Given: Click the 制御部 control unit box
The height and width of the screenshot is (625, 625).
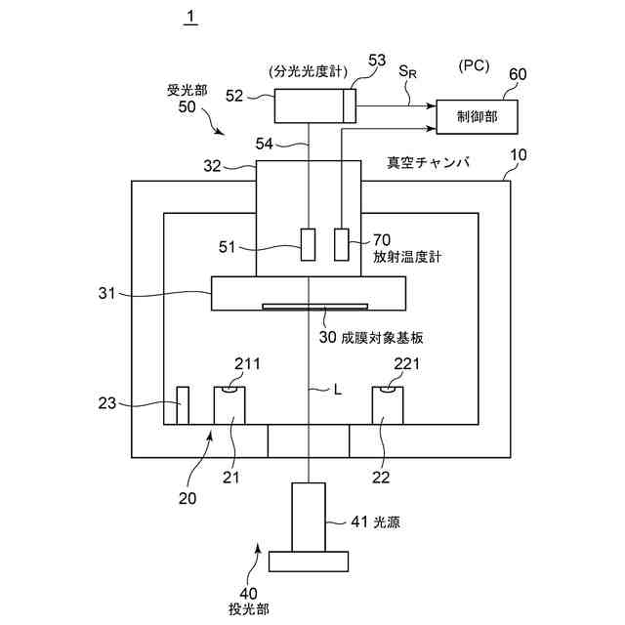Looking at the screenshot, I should pyautogui.click(x=477, y=116).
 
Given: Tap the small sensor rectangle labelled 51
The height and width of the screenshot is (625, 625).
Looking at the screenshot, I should pyautogui.click(x=309, y=244).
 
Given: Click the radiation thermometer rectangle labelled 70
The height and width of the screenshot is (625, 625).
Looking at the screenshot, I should pyautogui.click(x=342, y=244).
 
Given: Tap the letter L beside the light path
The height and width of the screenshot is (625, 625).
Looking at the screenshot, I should pyautogui.click(x=337, y=389).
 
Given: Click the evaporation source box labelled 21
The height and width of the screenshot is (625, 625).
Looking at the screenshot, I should pyautogui.click(x=229, y=406).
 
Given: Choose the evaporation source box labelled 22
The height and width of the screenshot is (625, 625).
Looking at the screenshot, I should pyautogui.click(x=388, y=406).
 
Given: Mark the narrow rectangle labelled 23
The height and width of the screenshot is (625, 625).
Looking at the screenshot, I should pyautogui.click(x=183, y=406).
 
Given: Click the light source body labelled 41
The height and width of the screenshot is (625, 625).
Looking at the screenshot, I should pyautogui.click(x=309, y=518).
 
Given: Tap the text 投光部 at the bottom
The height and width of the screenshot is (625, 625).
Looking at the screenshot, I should pyautogui.click(x=249, y=608).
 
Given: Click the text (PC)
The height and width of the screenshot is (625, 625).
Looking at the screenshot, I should pyautogui.click(x=473, y=66).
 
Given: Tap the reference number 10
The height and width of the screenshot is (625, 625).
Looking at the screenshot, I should pyautogui.click(x=517, y=155).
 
